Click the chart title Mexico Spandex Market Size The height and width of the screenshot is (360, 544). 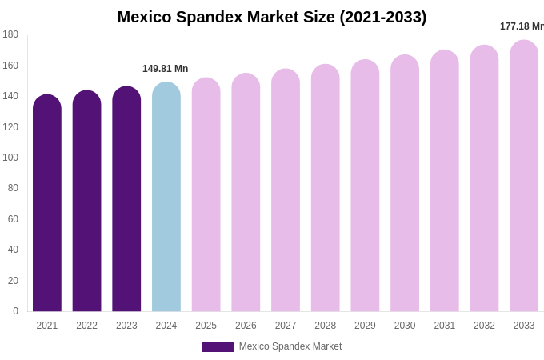coord(272,17)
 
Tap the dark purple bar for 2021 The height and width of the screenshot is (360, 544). coord(47,204)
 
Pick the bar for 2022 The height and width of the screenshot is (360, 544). coord(86,202)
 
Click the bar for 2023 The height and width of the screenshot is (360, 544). coord(126,200)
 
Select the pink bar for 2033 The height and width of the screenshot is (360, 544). coord(524,176)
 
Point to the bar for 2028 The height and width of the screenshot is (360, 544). coord(326,189)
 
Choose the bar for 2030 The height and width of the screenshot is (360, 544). coord(405,184)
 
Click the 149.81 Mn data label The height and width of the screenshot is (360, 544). coord(166,69)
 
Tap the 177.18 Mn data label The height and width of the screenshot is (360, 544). coord(522,26)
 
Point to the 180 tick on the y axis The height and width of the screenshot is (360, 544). coord(10,34)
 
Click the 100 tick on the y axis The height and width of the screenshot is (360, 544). coord(10,158)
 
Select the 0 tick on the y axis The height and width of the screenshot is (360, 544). coord(15,311)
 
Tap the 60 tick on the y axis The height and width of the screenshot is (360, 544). coord(13,219)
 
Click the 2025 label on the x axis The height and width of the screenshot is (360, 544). coord(206,326)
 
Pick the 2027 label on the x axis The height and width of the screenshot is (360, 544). coord(286,326)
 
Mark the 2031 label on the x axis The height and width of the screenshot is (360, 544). coord(445,326)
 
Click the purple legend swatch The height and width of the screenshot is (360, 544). coord(218,347)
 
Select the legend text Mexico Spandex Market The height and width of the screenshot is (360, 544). coord(290,346)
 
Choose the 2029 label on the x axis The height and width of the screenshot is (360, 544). coord(365,326)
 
